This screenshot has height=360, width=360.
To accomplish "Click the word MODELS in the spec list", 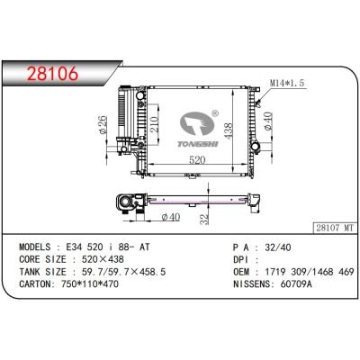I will point(39,245).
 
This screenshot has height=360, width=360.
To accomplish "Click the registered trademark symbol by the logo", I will point(214,114).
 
